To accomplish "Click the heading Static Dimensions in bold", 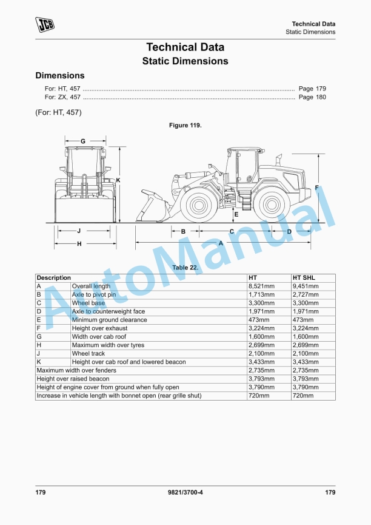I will [185, 61].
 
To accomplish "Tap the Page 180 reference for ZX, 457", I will [312, 97].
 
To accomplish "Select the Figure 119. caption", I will [185, 125].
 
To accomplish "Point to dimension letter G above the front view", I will [82, 141].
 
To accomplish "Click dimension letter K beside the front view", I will [118, 180].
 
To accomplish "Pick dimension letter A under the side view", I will [221, 242].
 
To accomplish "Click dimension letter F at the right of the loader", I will [316, 188].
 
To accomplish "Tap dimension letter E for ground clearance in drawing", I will [236, 214].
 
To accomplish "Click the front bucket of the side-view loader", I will [149, 206].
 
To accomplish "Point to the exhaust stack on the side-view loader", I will [279, 160].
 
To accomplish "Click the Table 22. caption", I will [185, 268].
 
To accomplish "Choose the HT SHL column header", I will [304, 277].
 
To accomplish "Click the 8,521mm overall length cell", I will [261, 286].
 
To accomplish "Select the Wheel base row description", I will [89, 303].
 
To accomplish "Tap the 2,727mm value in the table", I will [306, 294].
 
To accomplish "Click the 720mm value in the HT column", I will [258, 396].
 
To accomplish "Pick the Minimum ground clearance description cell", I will [109, 320].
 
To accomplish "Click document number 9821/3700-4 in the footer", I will [185, 492].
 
